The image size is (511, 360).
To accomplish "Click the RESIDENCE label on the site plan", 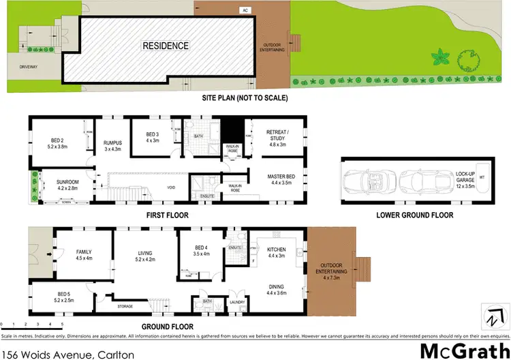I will click(x=165, y=46).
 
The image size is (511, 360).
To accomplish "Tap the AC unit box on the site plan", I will click(x=243, y=10).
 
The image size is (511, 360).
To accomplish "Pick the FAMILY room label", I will click(x=83, y=254).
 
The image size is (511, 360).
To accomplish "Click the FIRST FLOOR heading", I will click(x=167, y=215).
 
